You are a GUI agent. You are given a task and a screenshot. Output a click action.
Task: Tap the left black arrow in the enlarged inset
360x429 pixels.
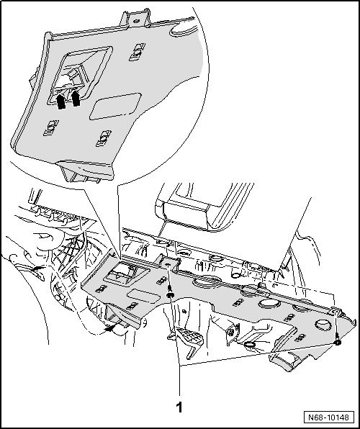(61, 101)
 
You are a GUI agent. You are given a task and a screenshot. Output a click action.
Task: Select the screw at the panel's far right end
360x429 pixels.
(338, 343)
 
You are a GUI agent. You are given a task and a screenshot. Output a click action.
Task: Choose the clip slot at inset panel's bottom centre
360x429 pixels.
(105, 136)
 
